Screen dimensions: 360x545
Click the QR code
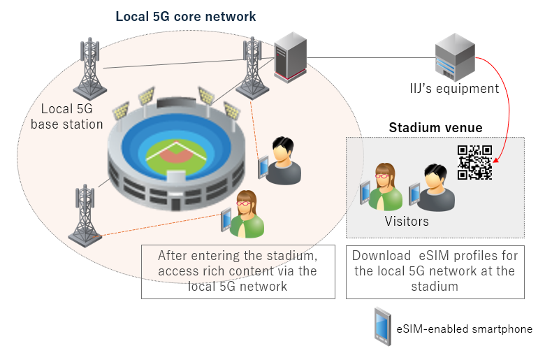tap(474, 162)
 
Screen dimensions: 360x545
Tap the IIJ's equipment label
tap(454, 89)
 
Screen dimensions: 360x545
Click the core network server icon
tap(289, 58)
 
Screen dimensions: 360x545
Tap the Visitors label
tap(407, 222)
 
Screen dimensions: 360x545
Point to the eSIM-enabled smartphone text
tap(464, 329)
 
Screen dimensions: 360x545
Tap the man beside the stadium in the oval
tap(283, 161)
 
